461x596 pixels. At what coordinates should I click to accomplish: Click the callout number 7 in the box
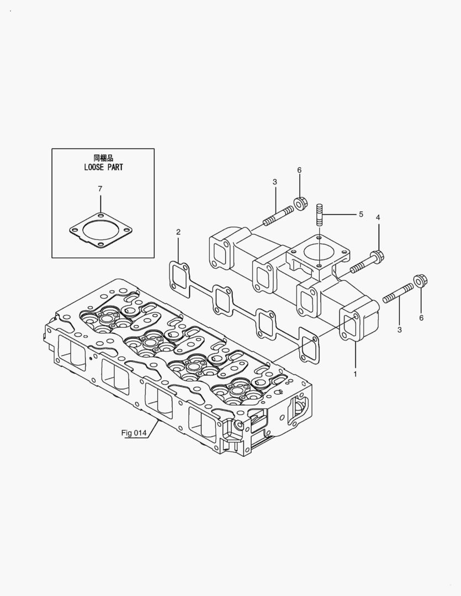(100, 189)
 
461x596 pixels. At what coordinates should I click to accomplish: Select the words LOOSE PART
(99, 167)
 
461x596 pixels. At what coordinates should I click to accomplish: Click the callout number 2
(178, 232)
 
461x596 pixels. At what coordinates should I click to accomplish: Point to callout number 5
(361, 214)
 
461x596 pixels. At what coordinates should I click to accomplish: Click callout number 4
(378, 217)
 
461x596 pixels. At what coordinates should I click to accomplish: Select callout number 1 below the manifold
(355, 374)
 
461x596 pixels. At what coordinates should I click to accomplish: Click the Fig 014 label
(134, 433)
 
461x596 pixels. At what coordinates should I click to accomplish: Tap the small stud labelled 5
(319, 214)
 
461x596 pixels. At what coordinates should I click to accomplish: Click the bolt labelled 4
(367, 262)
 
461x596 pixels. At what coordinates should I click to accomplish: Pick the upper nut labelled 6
(301, 203)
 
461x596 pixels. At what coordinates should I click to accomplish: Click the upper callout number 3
(274, 182)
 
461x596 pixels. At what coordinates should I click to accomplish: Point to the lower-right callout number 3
(399, 329)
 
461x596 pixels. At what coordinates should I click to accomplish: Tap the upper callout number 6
(299, 170)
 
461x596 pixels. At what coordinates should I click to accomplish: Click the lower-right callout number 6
(421, 318)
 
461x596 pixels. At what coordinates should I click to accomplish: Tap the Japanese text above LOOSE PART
(99, 157)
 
